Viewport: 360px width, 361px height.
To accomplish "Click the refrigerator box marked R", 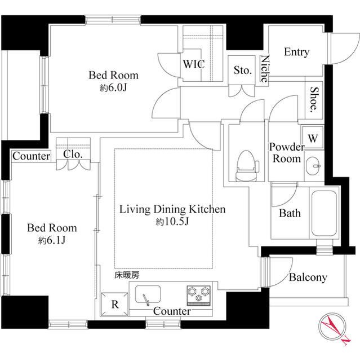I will coord(114,305).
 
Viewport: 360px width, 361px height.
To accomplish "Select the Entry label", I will coord(296,52).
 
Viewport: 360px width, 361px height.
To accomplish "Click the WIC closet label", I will coord(193,64).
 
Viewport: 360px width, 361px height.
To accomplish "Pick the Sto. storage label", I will coord(242,71).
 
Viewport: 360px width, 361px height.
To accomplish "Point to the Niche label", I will coord(264,68).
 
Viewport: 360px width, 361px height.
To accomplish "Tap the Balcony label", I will coord(308,278).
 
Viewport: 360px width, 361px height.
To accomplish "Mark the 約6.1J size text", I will coord(52,241).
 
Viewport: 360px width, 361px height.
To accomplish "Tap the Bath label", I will coord(290,213).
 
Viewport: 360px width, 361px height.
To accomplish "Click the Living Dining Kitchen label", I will coord(172,209).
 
